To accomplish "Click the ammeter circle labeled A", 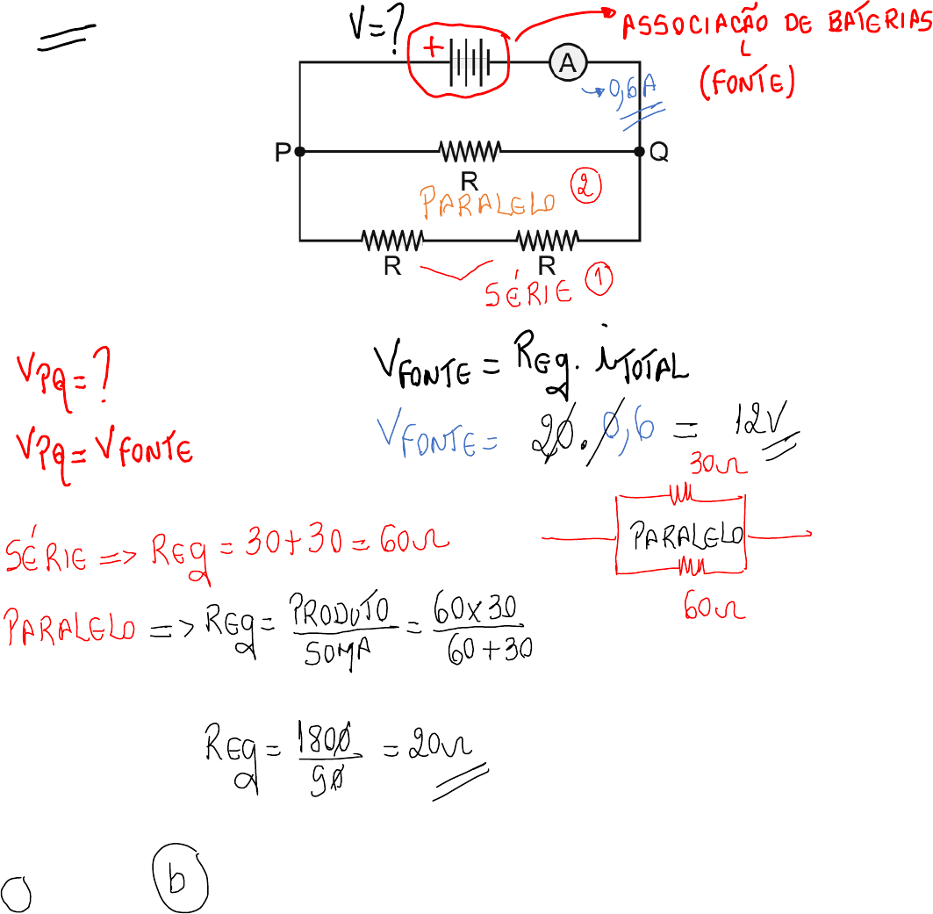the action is [x=567, y=62].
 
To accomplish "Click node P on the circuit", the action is [x=299, y=152].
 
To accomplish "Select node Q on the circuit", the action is [x=640, y=152].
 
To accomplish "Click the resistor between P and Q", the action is [x=470, y=152].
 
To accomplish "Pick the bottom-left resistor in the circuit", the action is [x=393, y=239].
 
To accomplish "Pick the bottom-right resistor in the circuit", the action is [x=547, y=239].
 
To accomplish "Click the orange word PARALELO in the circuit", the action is [x=488, y=203].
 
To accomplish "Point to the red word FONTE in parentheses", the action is [x=747, y=84].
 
